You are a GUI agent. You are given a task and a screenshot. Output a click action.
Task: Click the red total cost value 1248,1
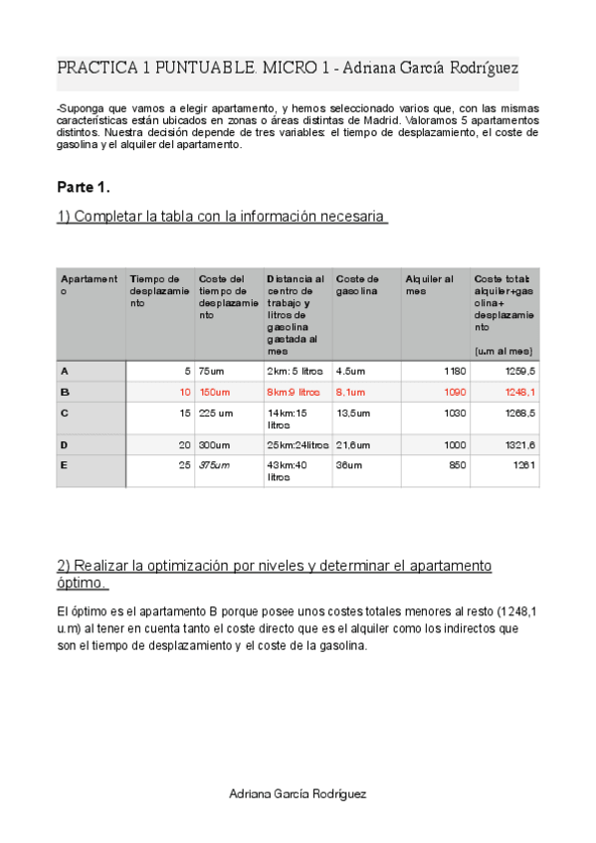point(521,393)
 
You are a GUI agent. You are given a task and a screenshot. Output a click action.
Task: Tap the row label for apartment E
point(65,464)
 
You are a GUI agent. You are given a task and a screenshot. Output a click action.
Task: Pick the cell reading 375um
point(214,464)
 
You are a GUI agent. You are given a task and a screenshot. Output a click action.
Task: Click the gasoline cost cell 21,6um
point(353,444)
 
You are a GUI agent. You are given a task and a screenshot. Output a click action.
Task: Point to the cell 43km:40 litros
point(287,470)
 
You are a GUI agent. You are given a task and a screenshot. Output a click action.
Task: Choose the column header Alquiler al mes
point(430,285)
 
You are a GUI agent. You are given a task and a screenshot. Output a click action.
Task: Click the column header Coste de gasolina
point(357,285)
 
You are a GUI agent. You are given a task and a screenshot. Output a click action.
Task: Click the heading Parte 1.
point(84,187)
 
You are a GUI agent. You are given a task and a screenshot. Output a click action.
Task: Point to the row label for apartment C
point(65,413)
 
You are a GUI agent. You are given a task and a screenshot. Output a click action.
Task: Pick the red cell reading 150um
point(214,393)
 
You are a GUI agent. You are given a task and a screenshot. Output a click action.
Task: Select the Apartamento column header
point(89,285)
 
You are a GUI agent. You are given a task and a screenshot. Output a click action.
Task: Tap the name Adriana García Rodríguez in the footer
point(298,794)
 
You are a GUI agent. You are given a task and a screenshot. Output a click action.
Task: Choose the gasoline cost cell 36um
point(349,464)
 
